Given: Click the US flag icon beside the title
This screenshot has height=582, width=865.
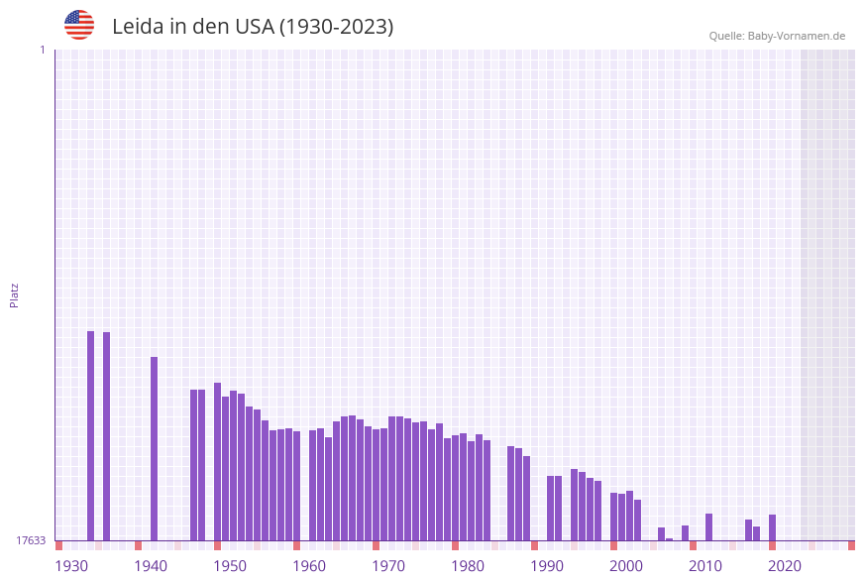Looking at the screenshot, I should point(79,25).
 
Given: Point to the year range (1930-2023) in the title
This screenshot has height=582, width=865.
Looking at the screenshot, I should point(336,27).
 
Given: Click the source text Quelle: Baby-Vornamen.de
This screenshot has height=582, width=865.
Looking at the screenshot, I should point(777,36).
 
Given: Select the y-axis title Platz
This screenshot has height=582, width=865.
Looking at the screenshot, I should point(15,294).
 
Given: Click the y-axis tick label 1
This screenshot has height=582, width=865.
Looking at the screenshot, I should point(42,50).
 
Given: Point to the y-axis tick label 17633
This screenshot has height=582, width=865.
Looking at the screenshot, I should point(31,540).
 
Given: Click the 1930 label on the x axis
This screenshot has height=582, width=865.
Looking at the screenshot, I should point(71,566).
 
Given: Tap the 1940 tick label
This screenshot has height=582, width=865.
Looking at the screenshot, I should point(151,566).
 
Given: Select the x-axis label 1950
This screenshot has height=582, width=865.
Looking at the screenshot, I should point(230,566).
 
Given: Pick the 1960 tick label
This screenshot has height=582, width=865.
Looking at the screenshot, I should point(309,566).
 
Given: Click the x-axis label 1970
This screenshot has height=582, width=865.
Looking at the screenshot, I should point(388,566).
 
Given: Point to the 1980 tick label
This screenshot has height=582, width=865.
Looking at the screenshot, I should point(468,566).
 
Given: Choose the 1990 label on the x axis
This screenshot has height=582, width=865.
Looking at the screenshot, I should point(547,566).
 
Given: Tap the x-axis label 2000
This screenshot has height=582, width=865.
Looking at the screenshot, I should point(626,566).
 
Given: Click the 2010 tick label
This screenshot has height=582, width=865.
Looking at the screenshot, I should point(705,566).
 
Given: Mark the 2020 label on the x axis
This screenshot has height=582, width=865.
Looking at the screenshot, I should point(785,566).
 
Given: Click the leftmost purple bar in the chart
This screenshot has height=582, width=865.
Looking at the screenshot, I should point(90,436).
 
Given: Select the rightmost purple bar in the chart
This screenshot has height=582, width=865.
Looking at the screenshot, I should point(772,527).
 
